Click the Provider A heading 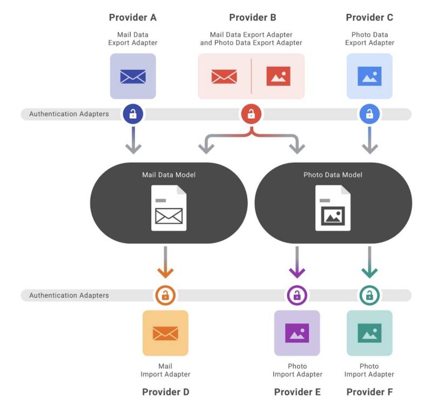click(133, 17)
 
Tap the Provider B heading click(253, 17)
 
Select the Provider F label click(369, 391)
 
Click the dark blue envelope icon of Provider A click(133, 77)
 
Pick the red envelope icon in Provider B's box click(224, 77)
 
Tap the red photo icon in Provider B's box click(278, 76)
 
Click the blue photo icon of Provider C click(369, 76)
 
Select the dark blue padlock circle click(133, 114)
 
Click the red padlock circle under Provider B click(251, 114)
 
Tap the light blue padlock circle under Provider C click(369, 114)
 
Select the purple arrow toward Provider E click(297, 262)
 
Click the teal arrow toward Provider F click(369, 262)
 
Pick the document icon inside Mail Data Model click(169, 208)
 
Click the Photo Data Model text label click(333, 175)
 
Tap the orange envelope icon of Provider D click(165, 333)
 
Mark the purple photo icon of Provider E click(297, 333)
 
